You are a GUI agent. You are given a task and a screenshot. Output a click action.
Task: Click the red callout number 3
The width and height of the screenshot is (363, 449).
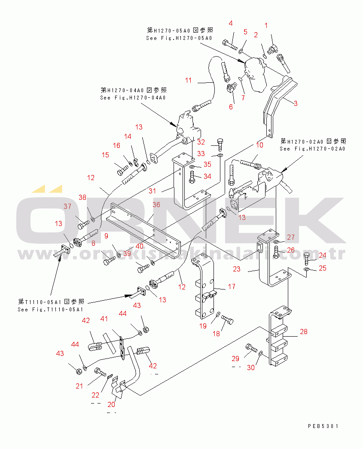click(296, 103)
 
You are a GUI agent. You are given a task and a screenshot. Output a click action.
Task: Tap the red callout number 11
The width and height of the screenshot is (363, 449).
click(189, 80)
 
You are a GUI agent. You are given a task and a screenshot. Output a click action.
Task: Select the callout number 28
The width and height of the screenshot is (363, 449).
click(304, 331)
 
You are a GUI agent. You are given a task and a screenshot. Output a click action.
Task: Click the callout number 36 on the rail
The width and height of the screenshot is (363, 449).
click(156, 205)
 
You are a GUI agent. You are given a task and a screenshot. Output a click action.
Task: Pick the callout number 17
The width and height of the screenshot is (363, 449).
click(232, 286)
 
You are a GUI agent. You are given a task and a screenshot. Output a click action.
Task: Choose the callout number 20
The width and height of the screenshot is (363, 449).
click(112, 404)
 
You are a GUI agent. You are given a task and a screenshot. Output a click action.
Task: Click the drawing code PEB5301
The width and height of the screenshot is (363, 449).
click(323, 426)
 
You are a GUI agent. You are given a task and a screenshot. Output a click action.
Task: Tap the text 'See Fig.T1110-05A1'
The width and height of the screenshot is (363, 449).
click(50, 309)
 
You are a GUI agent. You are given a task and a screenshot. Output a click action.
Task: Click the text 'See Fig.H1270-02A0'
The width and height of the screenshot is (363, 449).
click(312, 149)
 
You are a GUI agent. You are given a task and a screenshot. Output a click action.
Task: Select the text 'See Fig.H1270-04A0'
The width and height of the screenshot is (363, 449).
click(133, 97)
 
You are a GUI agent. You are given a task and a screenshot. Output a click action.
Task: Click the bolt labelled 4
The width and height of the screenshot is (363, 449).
click(230, 43)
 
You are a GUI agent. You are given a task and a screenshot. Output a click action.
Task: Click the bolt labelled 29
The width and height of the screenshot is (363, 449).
click(250, 346)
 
